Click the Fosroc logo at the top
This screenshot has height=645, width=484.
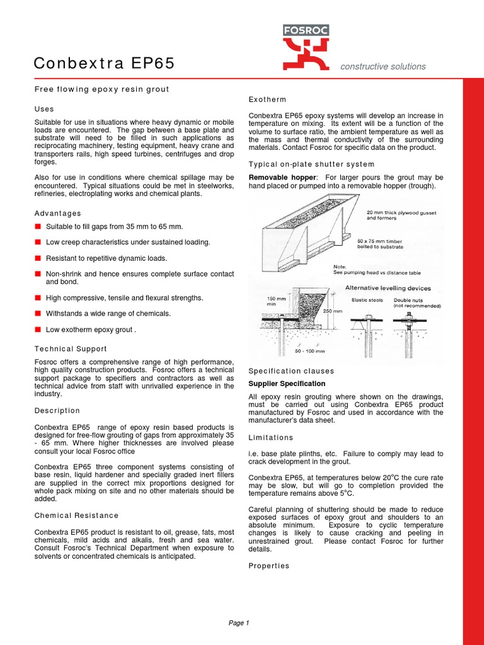[x=306, y=47]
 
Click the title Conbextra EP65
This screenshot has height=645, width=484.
[x=104, y=64]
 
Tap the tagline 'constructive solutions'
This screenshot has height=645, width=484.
[x=383, y=66]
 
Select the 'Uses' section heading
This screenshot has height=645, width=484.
[x=44, y=109]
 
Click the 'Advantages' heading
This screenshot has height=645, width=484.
[x=57, y=214]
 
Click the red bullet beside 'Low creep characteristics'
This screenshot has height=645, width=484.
[x=38, y=242]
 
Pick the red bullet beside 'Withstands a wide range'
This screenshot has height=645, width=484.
[x=38, y=313]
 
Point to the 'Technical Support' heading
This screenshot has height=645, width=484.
[x=71, y=348]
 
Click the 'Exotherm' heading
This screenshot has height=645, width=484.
[x=267, y=100]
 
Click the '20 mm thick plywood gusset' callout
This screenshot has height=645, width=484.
[x=401, y=215]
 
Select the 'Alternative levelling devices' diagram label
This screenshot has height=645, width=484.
[x=388, y=288]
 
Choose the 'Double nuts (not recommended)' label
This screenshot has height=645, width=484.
[x=417, y=303]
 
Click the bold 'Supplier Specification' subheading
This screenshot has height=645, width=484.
[x=287, y=384]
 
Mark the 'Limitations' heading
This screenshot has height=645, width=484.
[x=271, y=437]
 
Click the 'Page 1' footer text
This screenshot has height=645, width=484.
[x=239, y=623]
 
